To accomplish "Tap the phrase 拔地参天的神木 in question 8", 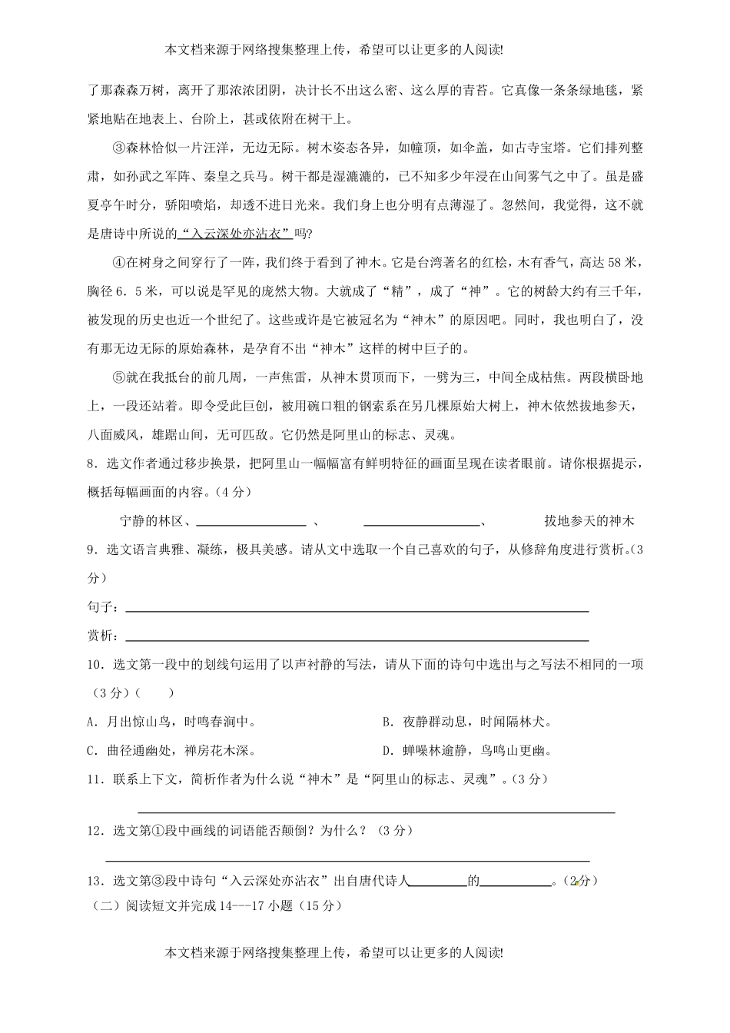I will point(589,521).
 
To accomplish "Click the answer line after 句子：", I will point(357,610).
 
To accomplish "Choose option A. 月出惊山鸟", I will point(171,722).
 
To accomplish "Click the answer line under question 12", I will point(347,860).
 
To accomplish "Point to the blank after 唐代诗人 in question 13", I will point(437,882).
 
